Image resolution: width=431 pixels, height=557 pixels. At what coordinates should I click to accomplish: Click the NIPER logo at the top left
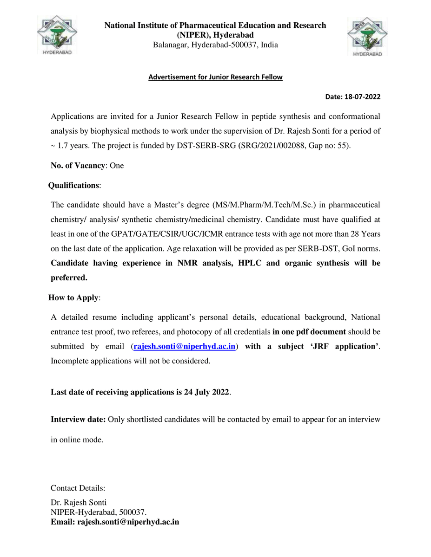click(x=58, y=35)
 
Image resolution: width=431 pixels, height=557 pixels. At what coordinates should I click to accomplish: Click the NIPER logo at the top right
click(x=367, y=36)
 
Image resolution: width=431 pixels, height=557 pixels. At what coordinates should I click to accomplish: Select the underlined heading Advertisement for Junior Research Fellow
click(x=215, y=77)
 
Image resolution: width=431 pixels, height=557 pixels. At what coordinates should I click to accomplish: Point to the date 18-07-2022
click(x=362, y=97)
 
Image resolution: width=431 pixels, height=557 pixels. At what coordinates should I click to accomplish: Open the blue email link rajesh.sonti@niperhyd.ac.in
click(x=185, y=346)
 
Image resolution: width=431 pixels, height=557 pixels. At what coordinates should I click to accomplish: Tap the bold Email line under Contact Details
click(x=115, y=522)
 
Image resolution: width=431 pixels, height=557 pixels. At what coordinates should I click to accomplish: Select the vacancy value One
click(x=117, y=165)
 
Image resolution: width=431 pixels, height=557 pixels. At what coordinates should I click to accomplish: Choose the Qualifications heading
click(x=73, y=185)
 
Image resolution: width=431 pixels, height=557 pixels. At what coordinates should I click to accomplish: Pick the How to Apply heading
click(x=73, y=298)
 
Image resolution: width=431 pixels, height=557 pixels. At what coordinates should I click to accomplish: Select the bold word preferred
click(x=69, y=278)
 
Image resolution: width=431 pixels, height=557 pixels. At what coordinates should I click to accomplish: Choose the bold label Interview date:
click(x=78, y=420)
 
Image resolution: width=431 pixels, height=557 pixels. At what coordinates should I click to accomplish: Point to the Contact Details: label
click(x=78, y=488)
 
